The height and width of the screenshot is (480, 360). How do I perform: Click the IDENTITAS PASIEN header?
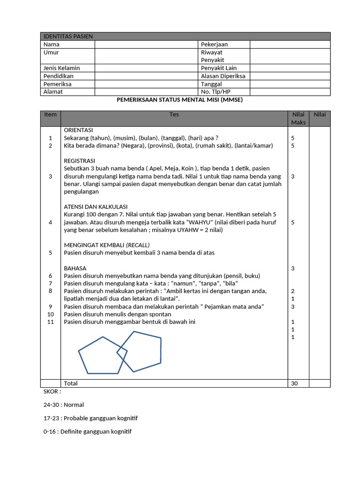[x=68, y=37]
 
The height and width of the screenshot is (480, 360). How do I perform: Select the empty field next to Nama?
[x=147, y=45]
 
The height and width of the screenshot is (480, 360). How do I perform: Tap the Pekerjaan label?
[x=214, y=45]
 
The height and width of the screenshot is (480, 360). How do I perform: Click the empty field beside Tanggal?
[x=290, y=84]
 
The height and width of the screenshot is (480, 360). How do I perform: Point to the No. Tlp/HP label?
[x=216, y=92]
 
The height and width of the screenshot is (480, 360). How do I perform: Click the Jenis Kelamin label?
[x=61, y=68]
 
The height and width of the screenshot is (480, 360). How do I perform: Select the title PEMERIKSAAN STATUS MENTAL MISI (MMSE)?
[x=180, y=100]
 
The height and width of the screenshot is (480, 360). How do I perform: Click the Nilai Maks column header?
[x=298, y=119]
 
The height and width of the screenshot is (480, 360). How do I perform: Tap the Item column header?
[x=50, y=115]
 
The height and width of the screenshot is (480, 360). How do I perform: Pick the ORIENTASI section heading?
[x=78, y=130]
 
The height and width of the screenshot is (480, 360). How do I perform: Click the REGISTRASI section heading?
[x=80, y=161]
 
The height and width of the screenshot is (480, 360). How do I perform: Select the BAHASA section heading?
[x=75, y=268]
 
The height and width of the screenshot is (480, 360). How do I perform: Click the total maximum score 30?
[x=294, y=383]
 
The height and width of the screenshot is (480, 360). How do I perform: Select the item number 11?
[x=51, y=322]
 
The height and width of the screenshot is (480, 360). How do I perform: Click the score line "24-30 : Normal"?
[x=63, y=405]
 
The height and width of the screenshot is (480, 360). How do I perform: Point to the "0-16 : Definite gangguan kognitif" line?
[x=87, y=431]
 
